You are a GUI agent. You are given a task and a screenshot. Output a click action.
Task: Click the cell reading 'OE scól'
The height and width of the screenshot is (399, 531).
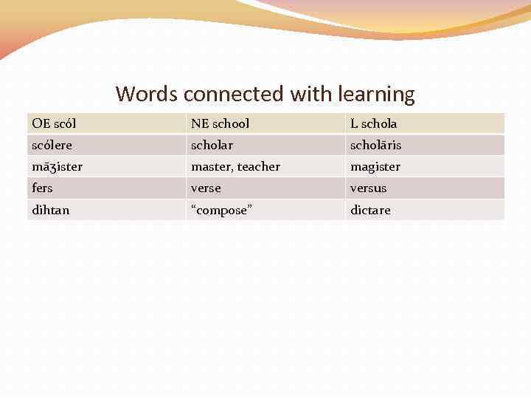(54, 123)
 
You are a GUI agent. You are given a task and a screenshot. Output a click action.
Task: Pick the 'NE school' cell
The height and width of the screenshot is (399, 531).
(220, 123)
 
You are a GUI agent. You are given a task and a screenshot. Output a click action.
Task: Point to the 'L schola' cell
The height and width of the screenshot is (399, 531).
(373, 123)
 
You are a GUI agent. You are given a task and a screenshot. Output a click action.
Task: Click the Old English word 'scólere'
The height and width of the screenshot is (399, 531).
(52, 145)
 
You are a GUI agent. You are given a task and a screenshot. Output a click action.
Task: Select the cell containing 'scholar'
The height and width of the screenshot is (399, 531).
(212, 145)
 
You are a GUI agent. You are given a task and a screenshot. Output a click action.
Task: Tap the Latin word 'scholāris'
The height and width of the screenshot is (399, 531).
(375, 145)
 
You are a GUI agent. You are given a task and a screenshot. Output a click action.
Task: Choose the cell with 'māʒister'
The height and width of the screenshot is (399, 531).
(58, 167)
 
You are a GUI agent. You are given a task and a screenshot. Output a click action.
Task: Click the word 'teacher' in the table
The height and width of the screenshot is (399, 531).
(258, 167)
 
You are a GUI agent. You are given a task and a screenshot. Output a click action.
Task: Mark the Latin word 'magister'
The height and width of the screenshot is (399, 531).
(375, 167)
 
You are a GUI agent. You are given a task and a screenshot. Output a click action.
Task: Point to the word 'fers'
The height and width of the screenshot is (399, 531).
(43, 188)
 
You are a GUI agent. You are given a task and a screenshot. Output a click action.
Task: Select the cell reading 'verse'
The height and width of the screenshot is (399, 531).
(206, 188)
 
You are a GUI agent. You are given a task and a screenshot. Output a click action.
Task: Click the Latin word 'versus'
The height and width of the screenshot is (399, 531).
(368, 188)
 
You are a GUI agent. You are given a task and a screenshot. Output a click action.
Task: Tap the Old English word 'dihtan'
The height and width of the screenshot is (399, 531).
(51, 211)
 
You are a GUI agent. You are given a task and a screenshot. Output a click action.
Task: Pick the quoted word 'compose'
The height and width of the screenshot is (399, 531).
(221, 211)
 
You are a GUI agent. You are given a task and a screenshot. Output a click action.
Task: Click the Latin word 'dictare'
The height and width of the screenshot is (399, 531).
(370, 211)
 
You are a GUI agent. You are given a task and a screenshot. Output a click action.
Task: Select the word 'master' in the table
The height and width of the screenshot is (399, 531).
(210, 167)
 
